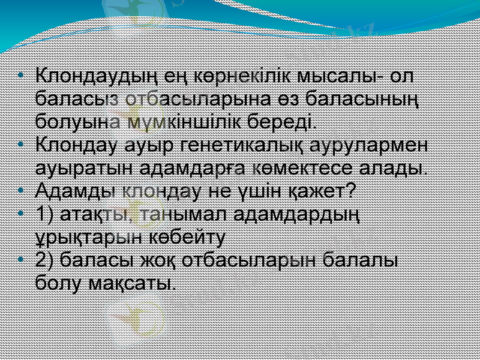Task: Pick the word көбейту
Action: [x=190, y=236]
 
